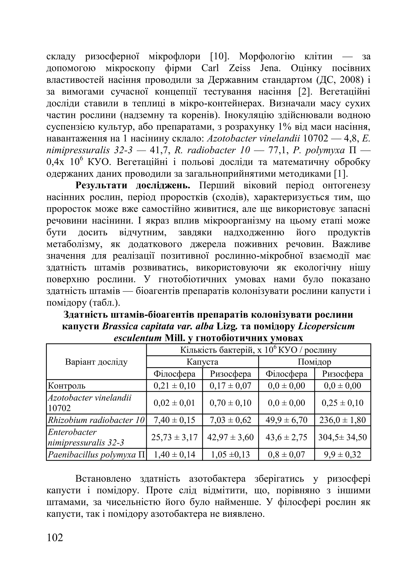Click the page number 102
(55, 538)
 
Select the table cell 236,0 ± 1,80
(342, 420)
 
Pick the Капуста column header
(202, 362)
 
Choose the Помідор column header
(314, 362)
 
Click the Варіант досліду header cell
(96, 362)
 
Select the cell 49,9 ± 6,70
(286, 420)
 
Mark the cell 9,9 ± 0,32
(342, 454)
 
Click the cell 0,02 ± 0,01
(174, 403)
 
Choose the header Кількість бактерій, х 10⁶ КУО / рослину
(258, 350)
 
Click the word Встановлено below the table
(103, 479)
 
